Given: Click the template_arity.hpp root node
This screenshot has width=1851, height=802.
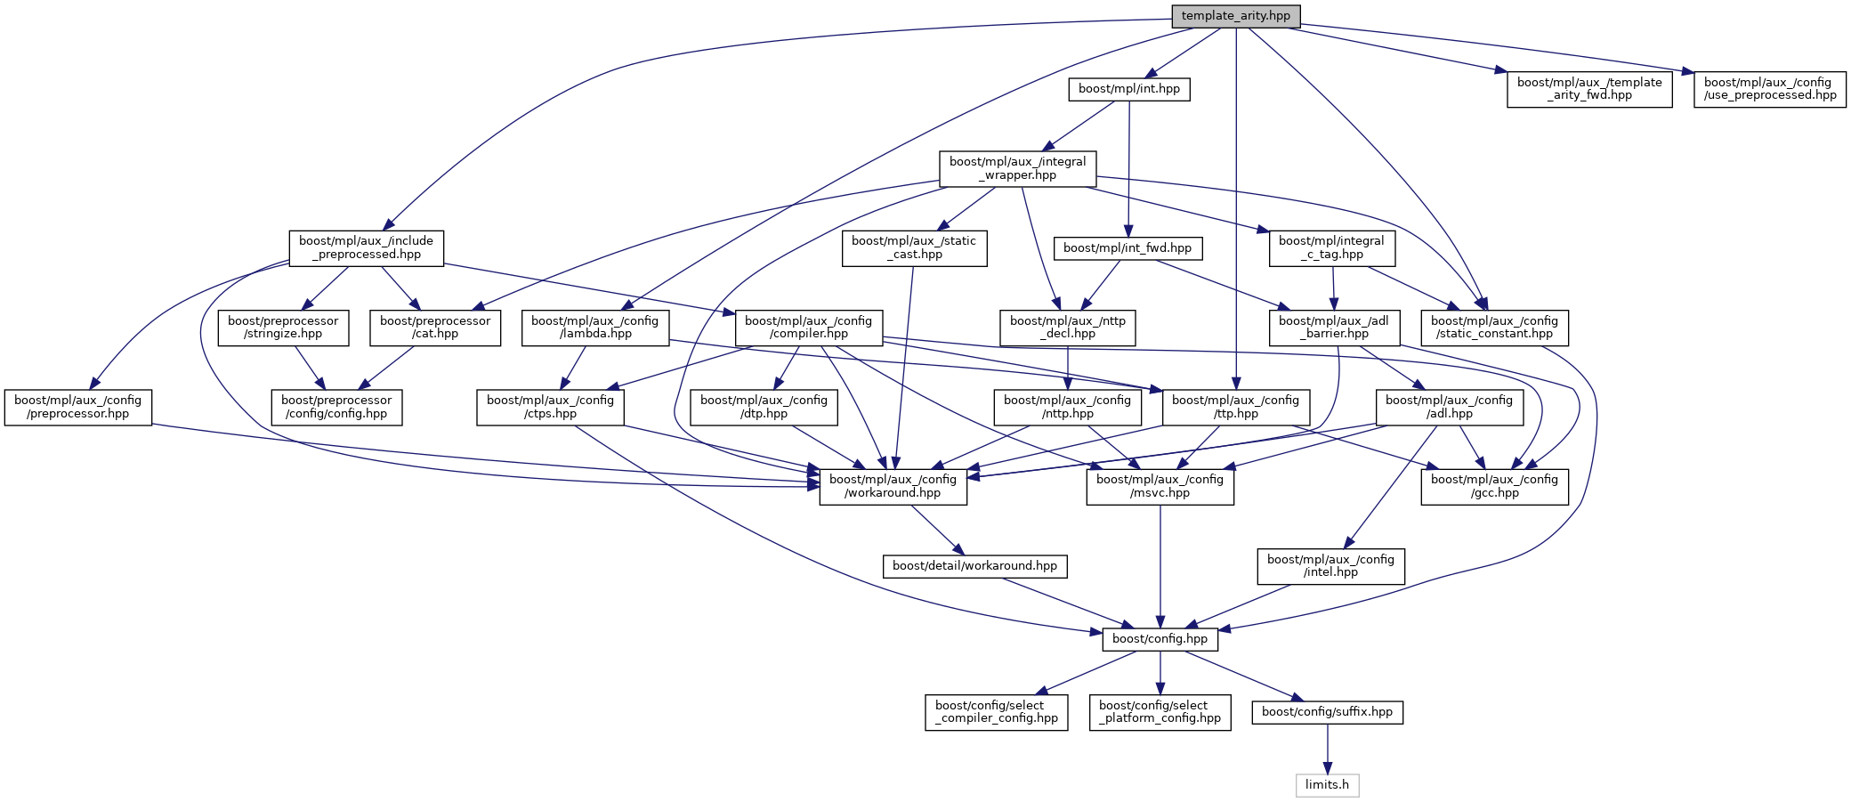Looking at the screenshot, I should coord(1235,16).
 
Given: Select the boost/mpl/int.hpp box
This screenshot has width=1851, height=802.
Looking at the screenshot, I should coord(1128,89).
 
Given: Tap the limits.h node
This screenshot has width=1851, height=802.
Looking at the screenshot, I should coord(1327,785).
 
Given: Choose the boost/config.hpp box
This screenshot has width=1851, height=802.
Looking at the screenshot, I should coord(1160,639).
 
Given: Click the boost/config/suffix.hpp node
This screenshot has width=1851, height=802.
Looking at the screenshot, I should coord(1327,712).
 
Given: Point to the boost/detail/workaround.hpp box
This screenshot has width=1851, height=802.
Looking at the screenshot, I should coord(974,566).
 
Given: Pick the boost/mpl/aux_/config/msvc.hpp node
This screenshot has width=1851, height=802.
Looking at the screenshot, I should coord(1160,487).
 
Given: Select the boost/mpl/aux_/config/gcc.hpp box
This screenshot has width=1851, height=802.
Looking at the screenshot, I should coord(1494,487).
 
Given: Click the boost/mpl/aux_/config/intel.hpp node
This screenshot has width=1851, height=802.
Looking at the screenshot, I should coord(1330,566).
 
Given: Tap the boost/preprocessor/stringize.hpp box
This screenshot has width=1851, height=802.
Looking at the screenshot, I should coord(283,328).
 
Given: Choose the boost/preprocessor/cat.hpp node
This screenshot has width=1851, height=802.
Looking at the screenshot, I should coord(435,328).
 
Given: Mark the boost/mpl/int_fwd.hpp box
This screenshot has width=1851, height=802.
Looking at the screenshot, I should coord(1127,248).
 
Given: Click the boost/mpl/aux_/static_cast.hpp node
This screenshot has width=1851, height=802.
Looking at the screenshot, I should coord(913,247).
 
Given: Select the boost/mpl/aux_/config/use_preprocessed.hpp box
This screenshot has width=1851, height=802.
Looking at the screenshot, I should coord(1769,89).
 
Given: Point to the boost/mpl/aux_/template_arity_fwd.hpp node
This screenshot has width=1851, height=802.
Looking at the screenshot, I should coord(1588,89).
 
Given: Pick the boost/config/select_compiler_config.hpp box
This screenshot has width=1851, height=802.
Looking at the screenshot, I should coord(996,712).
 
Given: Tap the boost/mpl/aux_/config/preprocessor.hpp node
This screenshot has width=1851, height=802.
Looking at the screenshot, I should coord(77,408).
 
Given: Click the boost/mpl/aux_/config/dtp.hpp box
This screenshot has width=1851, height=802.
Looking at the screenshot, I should coord(764,408).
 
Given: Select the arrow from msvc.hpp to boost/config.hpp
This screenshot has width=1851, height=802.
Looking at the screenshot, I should coord(1160,566).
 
